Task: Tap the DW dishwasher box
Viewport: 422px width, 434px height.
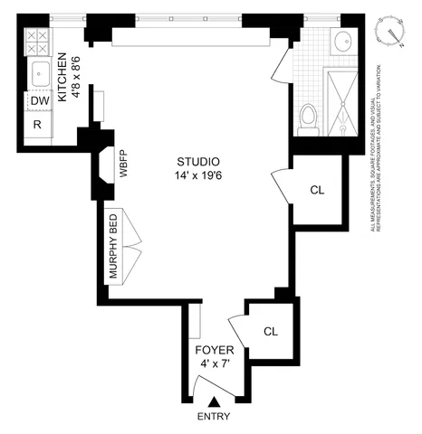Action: pos(39,101)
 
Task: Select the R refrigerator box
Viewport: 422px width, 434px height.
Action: pos(39,125)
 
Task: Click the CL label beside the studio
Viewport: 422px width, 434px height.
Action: pos(317,190)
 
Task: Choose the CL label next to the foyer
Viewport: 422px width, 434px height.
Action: pos(270,332)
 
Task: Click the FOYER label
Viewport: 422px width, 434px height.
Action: pos(214,350)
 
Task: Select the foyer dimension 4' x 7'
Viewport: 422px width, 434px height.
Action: pos(214,364)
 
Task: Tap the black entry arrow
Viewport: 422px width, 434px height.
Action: pos(214,403)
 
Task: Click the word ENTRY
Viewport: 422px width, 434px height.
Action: pos(214,417)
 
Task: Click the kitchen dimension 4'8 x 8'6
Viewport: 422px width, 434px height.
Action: pos(77,74)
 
